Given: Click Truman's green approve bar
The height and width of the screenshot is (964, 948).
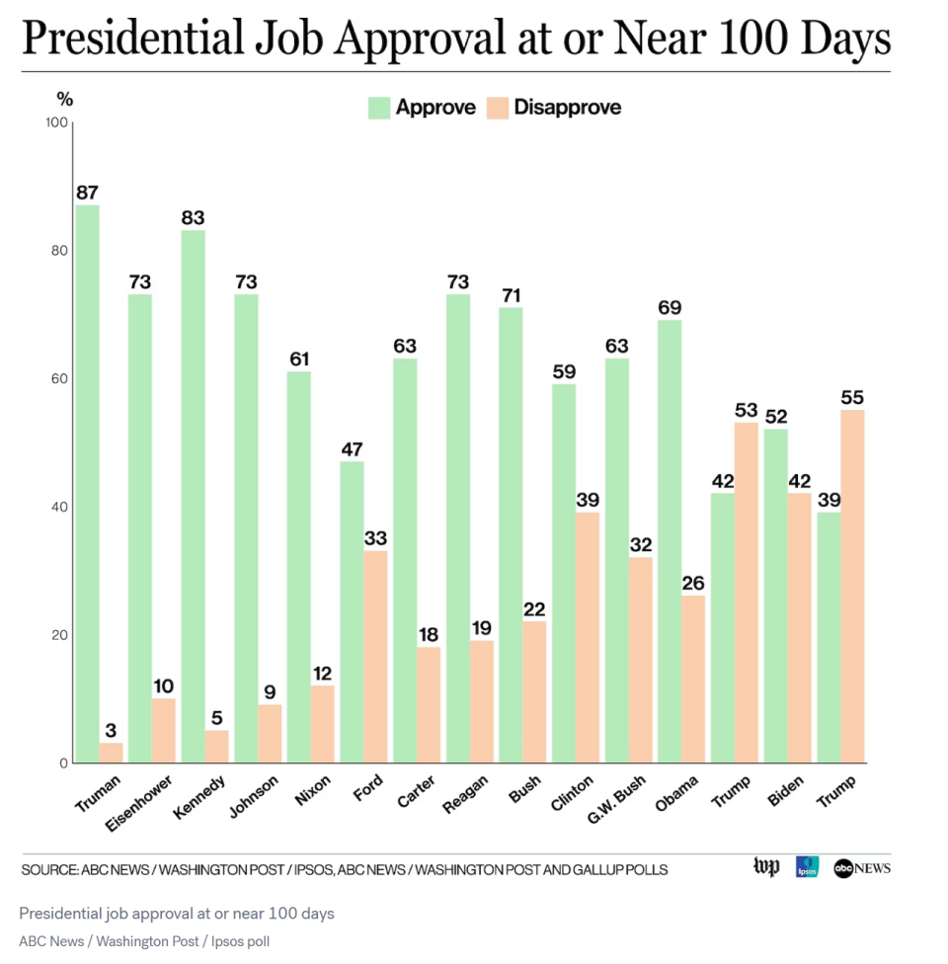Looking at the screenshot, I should (87, 484).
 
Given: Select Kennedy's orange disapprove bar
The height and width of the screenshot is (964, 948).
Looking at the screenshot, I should (216, 747).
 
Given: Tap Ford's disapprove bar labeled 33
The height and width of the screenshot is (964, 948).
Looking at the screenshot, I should (375, 657).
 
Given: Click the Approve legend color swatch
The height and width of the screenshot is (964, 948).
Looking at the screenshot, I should (379, 108).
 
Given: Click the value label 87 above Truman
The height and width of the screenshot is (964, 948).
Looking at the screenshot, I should (87, 193).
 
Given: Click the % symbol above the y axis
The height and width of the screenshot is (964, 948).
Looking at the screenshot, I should (64, 99).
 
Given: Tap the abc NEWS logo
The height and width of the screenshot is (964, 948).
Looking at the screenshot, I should (862, 868).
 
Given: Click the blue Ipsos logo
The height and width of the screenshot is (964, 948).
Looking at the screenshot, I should (807, 867).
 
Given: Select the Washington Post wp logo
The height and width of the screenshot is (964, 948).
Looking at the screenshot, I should (765, 867).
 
